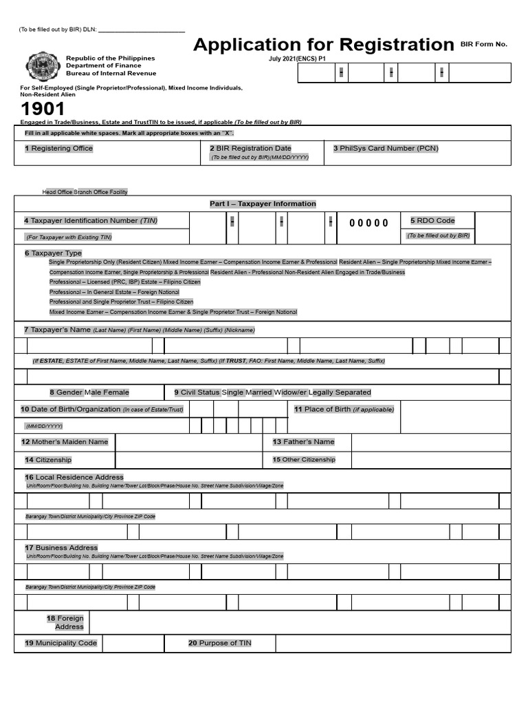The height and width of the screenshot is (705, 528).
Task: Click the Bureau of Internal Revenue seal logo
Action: coord(42,67)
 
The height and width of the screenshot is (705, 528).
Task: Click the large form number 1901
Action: coord(43,109)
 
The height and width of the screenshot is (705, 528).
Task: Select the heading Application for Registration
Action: coord(323,45)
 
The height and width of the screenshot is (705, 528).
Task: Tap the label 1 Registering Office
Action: coord(58,148)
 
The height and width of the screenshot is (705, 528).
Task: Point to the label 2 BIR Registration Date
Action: coord(250,148)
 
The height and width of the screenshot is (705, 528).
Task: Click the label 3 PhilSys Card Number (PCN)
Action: coord(385,148)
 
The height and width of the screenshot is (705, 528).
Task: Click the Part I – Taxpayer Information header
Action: coord(263,204)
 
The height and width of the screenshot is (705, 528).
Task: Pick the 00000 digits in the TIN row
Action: coord(368,223)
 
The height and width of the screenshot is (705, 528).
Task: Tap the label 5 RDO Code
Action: coord(432,220)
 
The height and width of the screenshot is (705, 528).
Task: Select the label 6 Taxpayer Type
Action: coord(53,253)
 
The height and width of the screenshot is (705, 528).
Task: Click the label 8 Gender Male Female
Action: coord(89,392)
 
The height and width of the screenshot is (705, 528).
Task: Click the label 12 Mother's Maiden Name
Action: coord(65,442)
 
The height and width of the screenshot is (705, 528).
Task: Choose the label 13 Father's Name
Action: coord(303,442)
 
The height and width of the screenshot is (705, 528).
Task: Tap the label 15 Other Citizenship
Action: coord(303,459)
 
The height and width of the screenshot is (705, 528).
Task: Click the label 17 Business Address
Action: coord(61,547)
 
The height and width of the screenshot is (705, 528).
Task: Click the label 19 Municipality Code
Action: coord(60,643)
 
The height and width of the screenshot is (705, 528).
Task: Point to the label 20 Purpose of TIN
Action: coord(219,643)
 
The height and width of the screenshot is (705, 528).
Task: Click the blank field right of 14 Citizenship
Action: coord(188,459)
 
